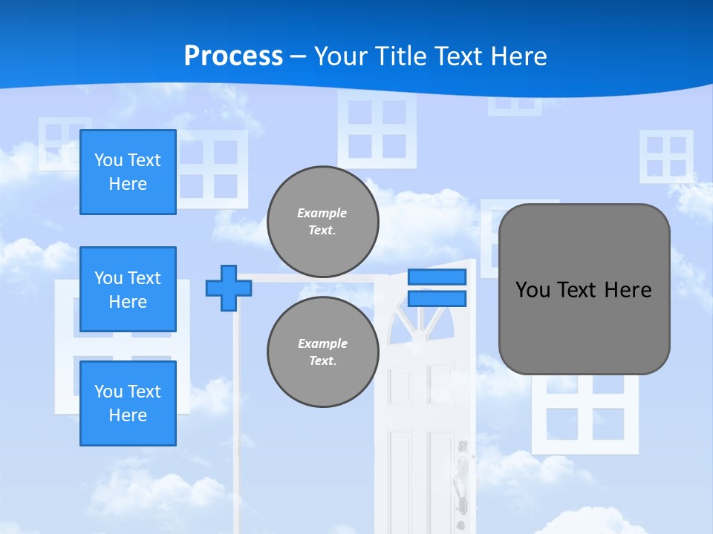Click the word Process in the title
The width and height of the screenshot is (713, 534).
click(x=233, y=56)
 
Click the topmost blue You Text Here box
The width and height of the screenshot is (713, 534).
click(x=128, y=172)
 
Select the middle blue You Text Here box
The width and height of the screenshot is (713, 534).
click(x=128, y=289)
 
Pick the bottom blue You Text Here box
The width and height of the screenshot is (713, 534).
click(x=128, y=403)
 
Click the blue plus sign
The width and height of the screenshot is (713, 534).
click(x=229, y=288)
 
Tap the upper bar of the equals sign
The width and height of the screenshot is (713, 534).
click(x=437, y=277)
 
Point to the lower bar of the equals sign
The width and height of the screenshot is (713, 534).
click(x=437, y=299)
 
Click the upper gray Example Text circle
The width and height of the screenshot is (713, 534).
click(x=323, y=221)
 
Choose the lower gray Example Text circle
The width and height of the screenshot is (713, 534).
click(x=323, y=352)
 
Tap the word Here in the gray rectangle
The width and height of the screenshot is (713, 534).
click(x=628, y=290)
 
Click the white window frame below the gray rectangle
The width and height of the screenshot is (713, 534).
click(x=585, y=415)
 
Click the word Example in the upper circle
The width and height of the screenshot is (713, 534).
click(x=322, y=213)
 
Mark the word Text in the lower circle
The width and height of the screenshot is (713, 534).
click(x=322, y=360)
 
